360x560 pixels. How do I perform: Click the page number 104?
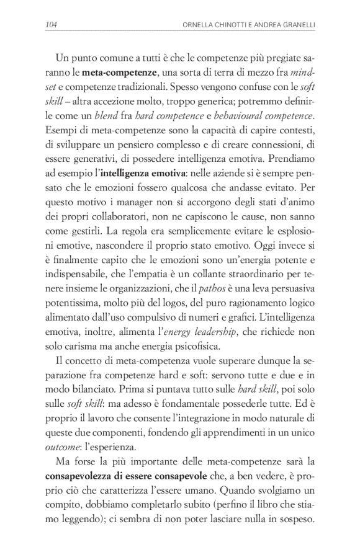52,25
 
